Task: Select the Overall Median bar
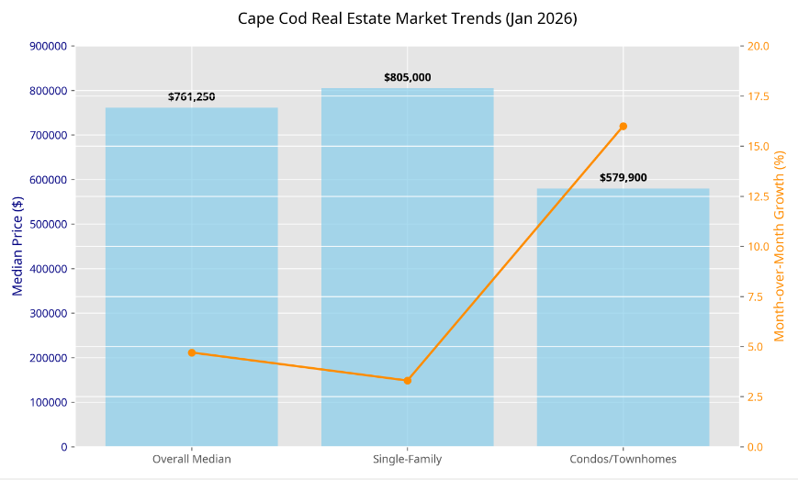191,275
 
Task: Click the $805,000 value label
407,78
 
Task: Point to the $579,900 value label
623,178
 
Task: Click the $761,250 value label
191,96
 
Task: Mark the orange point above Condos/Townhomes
623,126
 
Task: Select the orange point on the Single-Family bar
407,380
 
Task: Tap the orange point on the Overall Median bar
191,352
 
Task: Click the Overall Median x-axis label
191,459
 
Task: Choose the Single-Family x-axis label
407,459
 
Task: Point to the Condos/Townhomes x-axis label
623,459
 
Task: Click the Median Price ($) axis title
17,246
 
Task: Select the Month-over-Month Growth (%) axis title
780,246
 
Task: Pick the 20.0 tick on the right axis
759,46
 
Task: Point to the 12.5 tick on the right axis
759,196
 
